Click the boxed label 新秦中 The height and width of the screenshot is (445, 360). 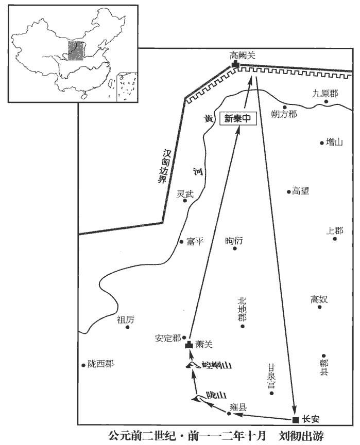click(237, 118)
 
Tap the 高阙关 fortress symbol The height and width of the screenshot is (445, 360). click(235, 65)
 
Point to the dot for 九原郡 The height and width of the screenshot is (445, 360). click(327, 102)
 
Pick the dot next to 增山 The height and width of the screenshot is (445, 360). click(322, 143)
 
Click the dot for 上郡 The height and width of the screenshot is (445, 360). click(335, 239)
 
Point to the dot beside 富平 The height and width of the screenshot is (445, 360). click(181, 241)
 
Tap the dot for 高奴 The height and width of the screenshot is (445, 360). click(319, 307)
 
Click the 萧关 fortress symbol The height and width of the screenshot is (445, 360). click(189, 345)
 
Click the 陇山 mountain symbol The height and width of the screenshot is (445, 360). click(197, 397)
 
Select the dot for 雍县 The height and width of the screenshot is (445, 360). click(229, 413)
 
